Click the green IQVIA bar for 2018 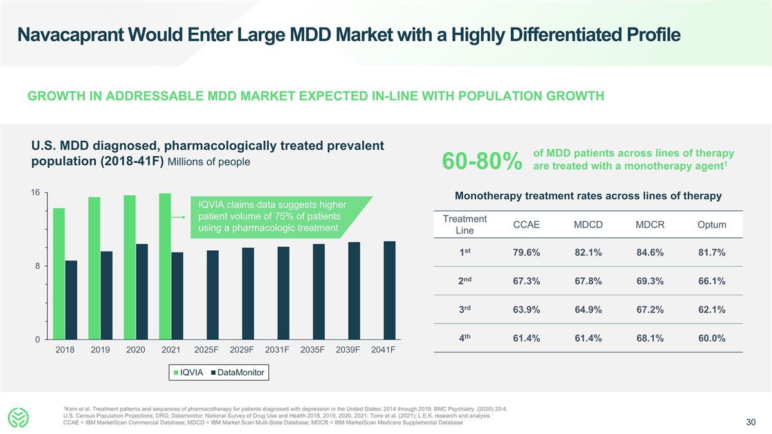click(x=59, y=273)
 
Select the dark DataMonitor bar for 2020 click(x=142, y=291)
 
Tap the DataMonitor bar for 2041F click(x=389, y=290)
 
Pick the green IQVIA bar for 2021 click(x=165, y=266)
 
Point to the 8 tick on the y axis click(x=37, y=266)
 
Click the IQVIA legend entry click(x=187, y=372)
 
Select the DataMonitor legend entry click(x=237, y=372)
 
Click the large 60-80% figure click(x=481, y=161)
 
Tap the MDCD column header click(x=587, y=224)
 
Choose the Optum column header click(x=712, y=224)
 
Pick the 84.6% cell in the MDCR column click(x=650, y=253)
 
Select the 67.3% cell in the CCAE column click(x=526, y=281)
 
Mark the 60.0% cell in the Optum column click(x=712, y=338)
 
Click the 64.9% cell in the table click(x=587, y=310)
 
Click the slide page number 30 click(x=750, y=422)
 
